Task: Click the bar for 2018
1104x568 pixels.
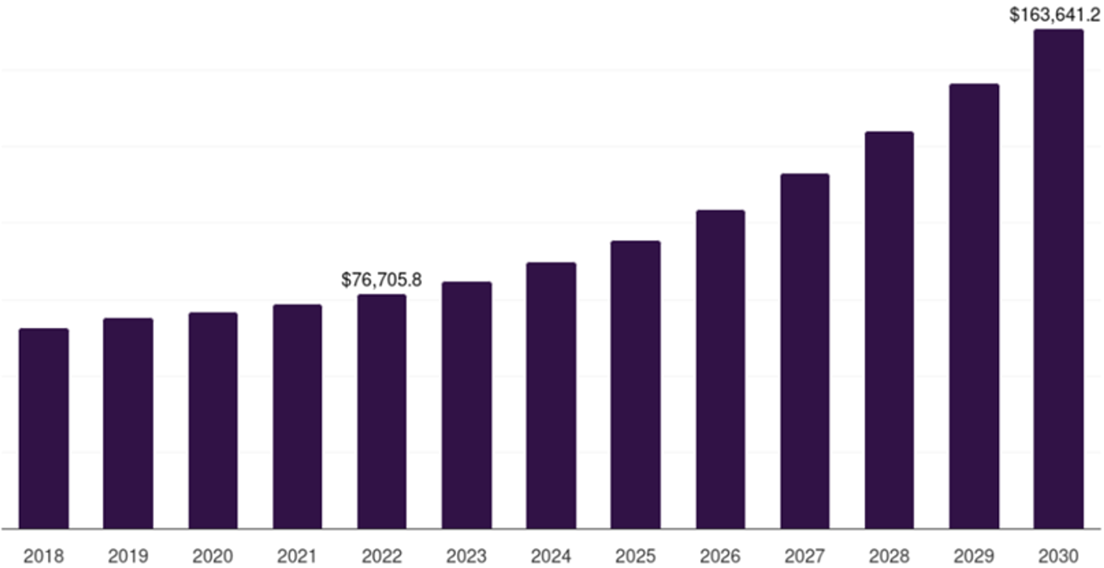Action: click(x=44, y=429)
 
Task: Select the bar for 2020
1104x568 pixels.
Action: click(x=213, y=421)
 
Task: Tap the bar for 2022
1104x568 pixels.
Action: click(x=382, y=412)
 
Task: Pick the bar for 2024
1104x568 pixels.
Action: click(x=551, y=395)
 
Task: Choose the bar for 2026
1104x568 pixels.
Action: click(x=720, y=369)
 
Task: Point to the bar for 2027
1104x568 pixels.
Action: click(x=804, y=351)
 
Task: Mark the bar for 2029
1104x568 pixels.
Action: click(x=974, y=306)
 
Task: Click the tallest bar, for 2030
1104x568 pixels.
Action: click(x=1058, y=279)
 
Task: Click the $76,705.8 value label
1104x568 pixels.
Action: click(x=382, y=280)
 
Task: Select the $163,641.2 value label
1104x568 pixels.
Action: click(x=1055, y=15)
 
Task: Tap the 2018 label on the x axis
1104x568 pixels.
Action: click(x=44, y=556)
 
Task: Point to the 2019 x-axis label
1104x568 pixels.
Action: click(x=128, y=556)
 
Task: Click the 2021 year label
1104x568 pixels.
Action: click(x=297, y=556)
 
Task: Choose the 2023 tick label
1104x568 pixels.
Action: click(x=467, y=556)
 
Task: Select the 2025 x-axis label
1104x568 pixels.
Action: click(x=635, y=556)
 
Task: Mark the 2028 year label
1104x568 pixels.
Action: click(x=889, y=556)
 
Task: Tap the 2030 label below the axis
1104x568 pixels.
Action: click(x=1058, y=556)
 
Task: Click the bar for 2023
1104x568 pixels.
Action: click(x=467, y=405)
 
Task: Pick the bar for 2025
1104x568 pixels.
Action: click(x=635, y=385)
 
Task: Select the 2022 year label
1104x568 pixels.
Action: click(x=382, y=556)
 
